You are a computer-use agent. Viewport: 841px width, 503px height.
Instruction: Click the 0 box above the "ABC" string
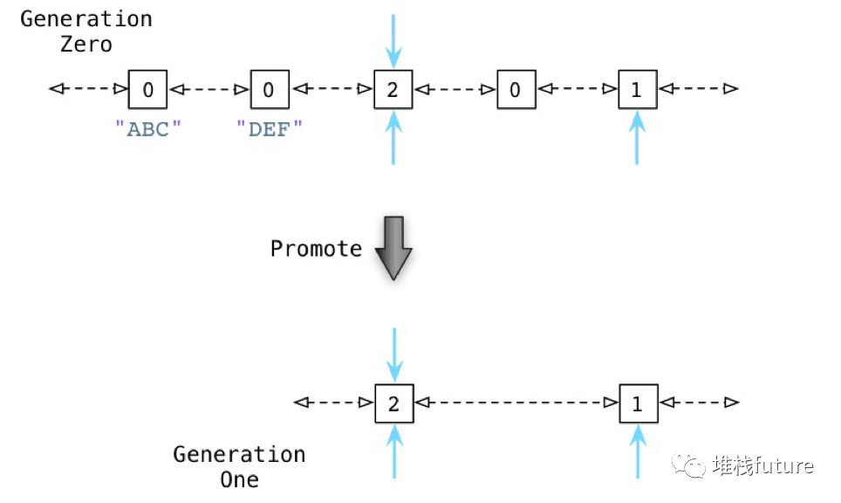(147, 89)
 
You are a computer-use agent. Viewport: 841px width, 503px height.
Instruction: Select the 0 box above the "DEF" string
(269, 89)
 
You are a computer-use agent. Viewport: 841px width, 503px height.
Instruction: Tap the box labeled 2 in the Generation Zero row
(393, 89)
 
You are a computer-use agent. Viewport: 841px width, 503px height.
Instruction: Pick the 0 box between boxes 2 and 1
(516, 89)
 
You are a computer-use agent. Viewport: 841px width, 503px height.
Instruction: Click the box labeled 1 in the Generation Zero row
(637, 89)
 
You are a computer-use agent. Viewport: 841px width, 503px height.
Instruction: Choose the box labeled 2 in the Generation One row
(393, 403)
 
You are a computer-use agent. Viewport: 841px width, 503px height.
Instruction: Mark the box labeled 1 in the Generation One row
(637, 403)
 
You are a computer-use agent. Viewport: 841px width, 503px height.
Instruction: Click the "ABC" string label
(148, 128)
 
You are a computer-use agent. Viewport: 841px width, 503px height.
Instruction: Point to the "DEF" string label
(270, 128)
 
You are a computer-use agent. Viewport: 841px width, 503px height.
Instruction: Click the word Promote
(316, 249)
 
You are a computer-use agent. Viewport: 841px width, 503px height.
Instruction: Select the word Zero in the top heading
(86, 45)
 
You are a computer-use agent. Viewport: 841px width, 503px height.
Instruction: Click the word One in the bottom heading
(239, 479)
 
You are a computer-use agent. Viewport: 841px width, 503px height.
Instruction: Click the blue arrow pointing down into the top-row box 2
(393, 39)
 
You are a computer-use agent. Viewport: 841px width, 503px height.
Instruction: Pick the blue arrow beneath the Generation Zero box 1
(637, 140)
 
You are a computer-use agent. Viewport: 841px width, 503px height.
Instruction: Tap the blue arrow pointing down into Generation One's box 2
(393, 354)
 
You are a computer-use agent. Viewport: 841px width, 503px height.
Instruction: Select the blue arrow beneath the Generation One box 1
(638, 451)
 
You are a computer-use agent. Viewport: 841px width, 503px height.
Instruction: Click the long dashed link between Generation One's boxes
(515, 403)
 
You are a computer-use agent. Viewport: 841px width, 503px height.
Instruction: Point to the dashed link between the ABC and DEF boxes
(209, 89)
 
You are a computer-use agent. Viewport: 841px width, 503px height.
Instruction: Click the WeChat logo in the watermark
(694, 466)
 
